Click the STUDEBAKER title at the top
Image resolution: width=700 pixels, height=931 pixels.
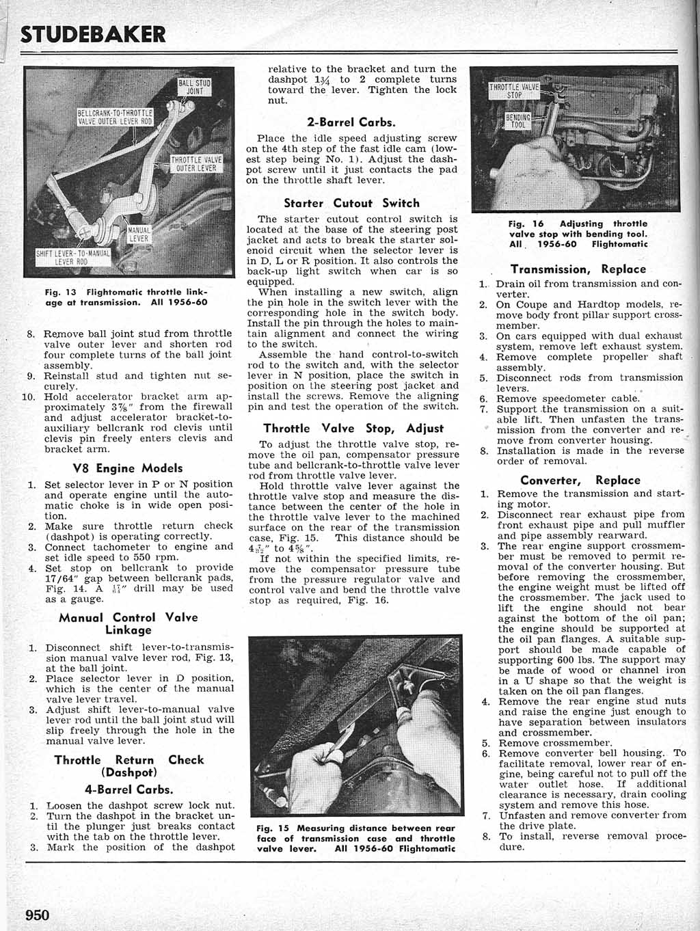93,33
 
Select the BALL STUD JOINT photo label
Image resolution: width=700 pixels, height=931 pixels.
195,87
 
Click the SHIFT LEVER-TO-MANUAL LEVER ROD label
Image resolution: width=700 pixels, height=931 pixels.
73,258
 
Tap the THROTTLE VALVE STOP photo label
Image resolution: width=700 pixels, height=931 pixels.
514,91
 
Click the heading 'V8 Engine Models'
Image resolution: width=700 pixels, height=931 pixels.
127,468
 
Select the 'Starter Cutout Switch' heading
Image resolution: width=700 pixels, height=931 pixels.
351,203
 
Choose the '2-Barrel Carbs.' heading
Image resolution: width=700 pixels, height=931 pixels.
351,122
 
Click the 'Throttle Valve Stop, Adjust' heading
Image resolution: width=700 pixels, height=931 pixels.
353,429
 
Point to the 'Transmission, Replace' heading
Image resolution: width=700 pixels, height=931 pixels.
578,269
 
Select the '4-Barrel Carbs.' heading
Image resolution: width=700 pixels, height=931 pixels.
128,789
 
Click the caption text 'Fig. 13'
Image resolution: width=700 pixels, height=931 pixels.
60,292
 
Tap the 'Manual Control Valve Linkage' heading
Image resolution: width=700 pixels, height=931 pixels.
128,623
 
